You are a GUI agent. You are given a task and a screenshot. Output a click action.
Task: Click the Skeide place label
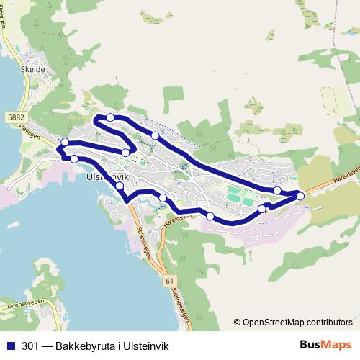point(33,69)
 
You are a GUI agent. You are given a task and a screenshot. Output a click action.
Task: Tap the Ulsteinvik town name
point(106,175)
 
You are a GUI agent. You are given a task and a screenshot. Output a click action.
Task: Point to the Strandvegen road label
point(143,243)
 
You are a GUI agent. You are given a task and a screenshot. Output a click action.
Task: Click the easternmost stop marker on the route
point(300,196)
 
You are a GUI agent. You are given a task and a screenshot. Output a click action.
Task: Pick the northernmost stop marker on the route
point(110,117)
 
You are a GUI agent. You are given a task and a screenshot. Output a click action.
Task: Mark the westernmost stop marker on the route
point(65,142)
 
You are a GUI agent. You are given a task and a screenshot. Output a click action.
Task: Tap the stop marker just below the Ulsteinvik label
point(120,186)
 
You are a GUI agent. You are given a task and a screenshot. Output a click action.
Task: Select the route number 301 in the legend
point(31,345)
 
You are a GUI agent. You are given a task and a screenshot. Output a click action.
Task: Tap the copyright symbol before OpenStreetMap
point(238,322)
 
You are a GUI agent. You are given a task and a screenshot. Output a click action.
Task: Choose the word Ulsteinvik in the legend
point(147,345)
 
